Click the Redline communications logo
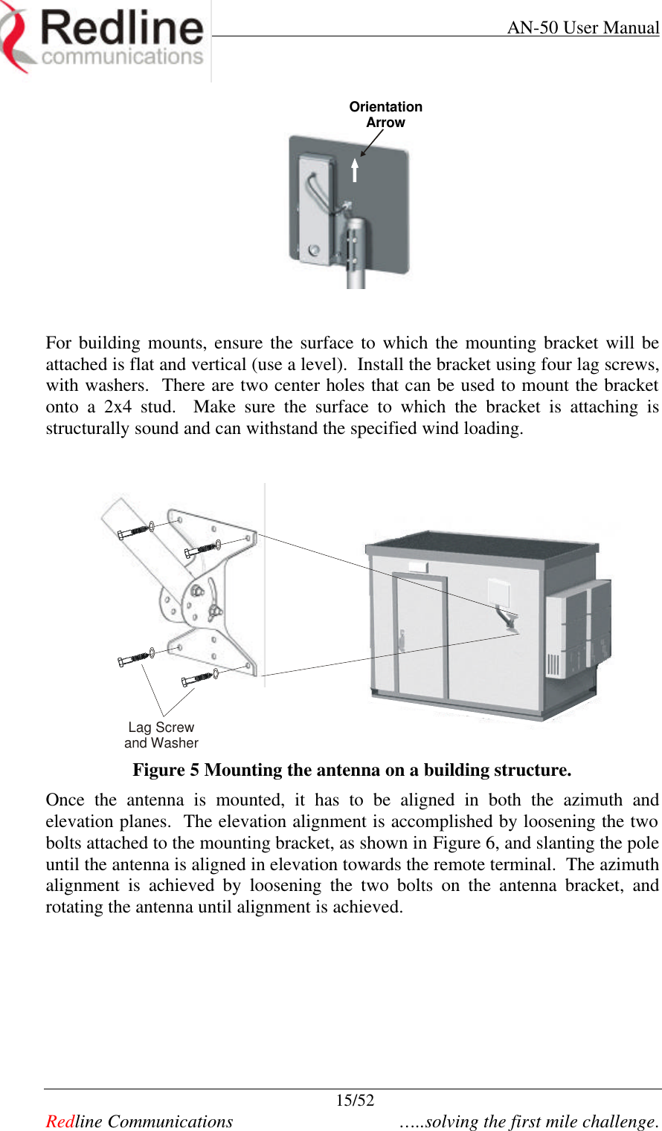pyautogui.click(x=104, y=39)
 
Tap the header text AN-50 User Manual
pyautogui.click(x=582, y=28)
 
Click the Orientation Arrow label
pyautogui.click(x=385, y=114)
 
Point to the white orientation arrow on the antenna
pyautogui.click(x=355, y=170)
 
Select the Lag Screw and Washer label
pyautogui.click(x=161, y=735)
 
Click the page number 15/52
pyautogui.click(x=355, y=1101)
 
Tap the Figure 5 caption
pyautogui.click(x=352, y=770)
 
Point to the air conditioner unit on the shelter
pyautogui.click(x=578, y=628)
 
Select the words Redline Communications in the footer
pyautogui.click(x=139, y=1121)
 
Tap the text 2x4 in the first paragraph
pyautogui.click(x=118, y=407)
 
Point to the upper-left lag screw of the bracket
pyautogui.click(x=135, y=531)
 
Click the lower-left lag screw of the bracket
pyautogui.click(x=135, y=658)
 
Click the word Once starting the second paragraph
pyautogui.click(x=65, y=800)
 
